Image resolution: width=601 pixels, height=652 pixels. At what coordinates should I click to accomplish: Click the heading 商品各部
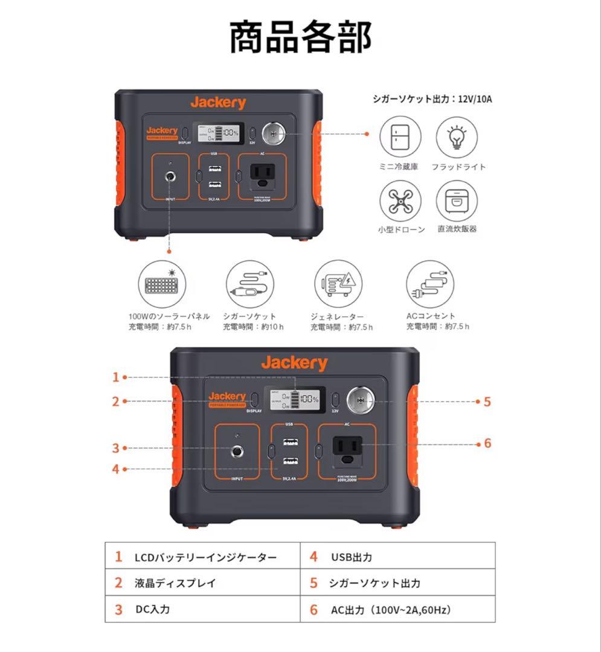point(300,37)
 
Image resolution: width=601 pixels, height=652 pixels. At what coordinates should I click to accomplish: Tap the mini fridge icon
point(400,138)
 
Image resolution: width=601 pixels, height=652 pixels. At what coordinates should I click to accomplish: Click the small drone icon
point(400,201)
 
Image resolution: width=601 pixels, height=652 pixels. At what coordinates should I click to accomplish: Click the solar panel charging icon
point(161,283)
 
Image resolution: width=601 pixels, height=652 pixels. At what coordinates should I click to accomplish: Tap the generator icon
point(337,283)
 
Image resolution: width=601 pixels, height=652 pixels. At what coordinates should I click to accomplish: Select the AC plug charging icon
point(430,283)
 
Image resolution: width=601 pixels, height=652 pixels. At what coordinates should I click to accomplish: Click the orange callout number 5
point(487,401)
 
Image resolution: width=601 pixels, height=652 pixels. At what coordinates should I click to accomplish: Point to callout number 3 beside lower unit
point(116,448)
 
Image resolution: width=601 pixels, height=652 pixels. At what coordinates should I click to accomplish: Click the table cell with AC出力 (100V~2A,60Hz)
point(390,609)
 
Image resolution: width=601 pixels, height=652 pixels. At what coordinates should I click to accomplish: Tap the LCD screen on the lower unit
point(294,400)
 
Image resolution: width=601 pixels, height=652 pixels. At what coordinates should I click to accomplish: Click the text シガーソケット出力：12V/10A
point(432,98)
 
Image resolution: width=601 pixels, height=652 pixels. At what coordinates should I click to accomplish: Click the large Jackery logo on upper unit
point(218,102)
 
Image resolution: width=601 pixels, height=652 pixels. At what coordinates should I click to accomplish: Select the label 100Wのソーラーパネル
point(169,316)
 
